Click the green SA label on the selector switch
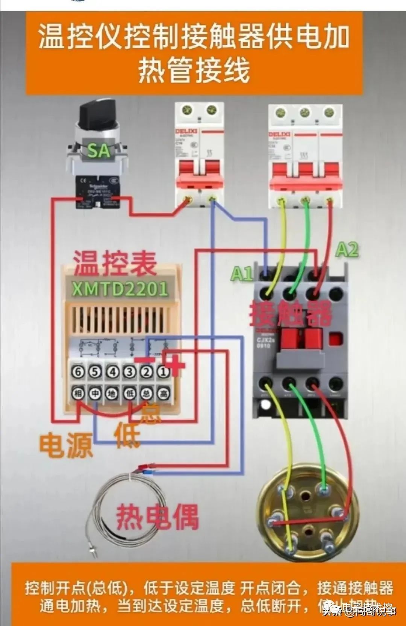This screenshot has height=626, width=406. coord(98,150)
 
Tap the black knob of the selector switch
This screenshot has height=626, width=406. coord(97,112)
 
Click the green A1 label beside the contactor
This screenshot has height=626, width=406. coord(241,273)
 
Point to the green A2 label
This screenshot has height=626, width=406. coord(347,249)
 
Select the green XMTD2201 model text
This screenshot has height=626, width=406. coord(120,289)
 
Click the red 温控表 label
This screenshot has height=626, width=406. coord(115,263)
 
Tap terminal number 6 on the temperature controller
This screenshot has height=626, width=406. coord(78,372)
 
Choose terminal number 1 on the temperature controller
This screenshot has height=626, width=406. coord(163,372)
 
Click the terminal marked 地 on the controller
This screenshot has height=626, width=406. coord(112,394)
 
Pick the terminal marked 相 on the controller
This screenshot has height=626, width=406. coord(78,394)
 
